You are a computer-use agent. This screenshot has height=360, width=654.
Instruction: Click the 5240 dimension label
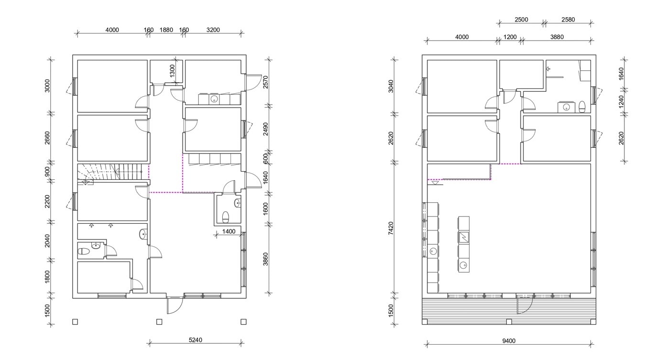point(196,340)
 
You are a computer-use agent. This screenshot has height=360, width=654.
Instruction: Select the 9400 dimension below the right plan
point(509,341)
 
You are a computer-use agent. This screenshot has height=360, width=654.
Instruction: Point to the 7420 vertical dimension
point(391,228)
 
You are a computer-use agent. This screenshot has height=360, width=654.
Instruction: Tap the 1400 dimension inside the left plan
point(229,231)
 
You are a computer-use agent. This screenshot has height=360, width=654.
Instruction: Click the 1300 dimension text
point(172,71)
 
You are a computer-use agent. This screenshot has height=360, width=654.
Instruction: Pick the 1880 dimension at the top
point(166,30)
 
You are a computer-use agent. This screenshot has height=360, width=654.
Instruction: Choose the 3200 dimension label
point(213,30)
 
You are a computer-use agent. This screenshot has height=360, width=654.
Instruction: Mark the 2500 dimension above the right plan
point(521,20)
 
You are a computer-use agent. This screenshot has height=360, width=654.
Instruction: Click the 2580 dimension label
point(568,20)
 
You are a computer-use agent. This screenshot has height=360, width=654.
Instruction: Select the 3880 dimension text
point(557,37)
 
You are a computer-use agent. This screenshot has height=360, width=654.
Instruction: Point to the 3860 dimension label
point(265,259)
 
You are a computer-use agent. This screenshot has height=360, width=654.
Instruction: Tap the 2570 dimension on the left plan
point(265,82)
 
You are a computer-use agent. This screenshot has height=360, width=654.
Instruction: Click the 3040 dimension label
point(391,87)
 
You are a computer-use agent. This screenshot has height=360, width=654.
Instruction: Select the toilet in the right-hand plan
point(582,107)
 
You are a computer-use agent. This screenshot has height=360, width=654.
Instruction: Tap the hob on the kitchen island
point(464,237)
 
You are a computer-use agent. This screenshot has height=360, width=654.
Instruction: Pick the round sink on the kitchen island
point(463,265)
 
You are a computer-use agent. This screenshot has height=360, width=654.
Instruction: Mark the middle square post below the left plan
point(159,322)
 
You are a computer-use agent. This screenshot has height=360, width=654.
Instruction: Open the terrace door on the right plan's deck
point(524,305)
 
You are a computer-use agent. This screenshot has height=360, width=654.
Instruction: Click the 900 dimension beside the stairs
point(47,171)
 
